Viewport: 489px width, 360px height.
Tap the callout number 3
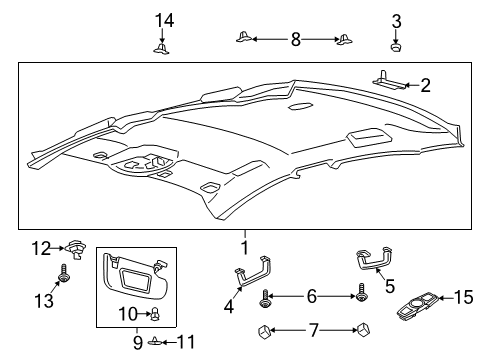[397, 20]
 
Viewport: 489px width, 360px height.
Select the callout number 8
[295, 39]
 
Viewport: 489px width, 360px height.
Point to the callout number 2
[425, 86]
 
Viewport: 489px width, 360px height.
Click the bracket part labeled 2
[390, 77]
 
